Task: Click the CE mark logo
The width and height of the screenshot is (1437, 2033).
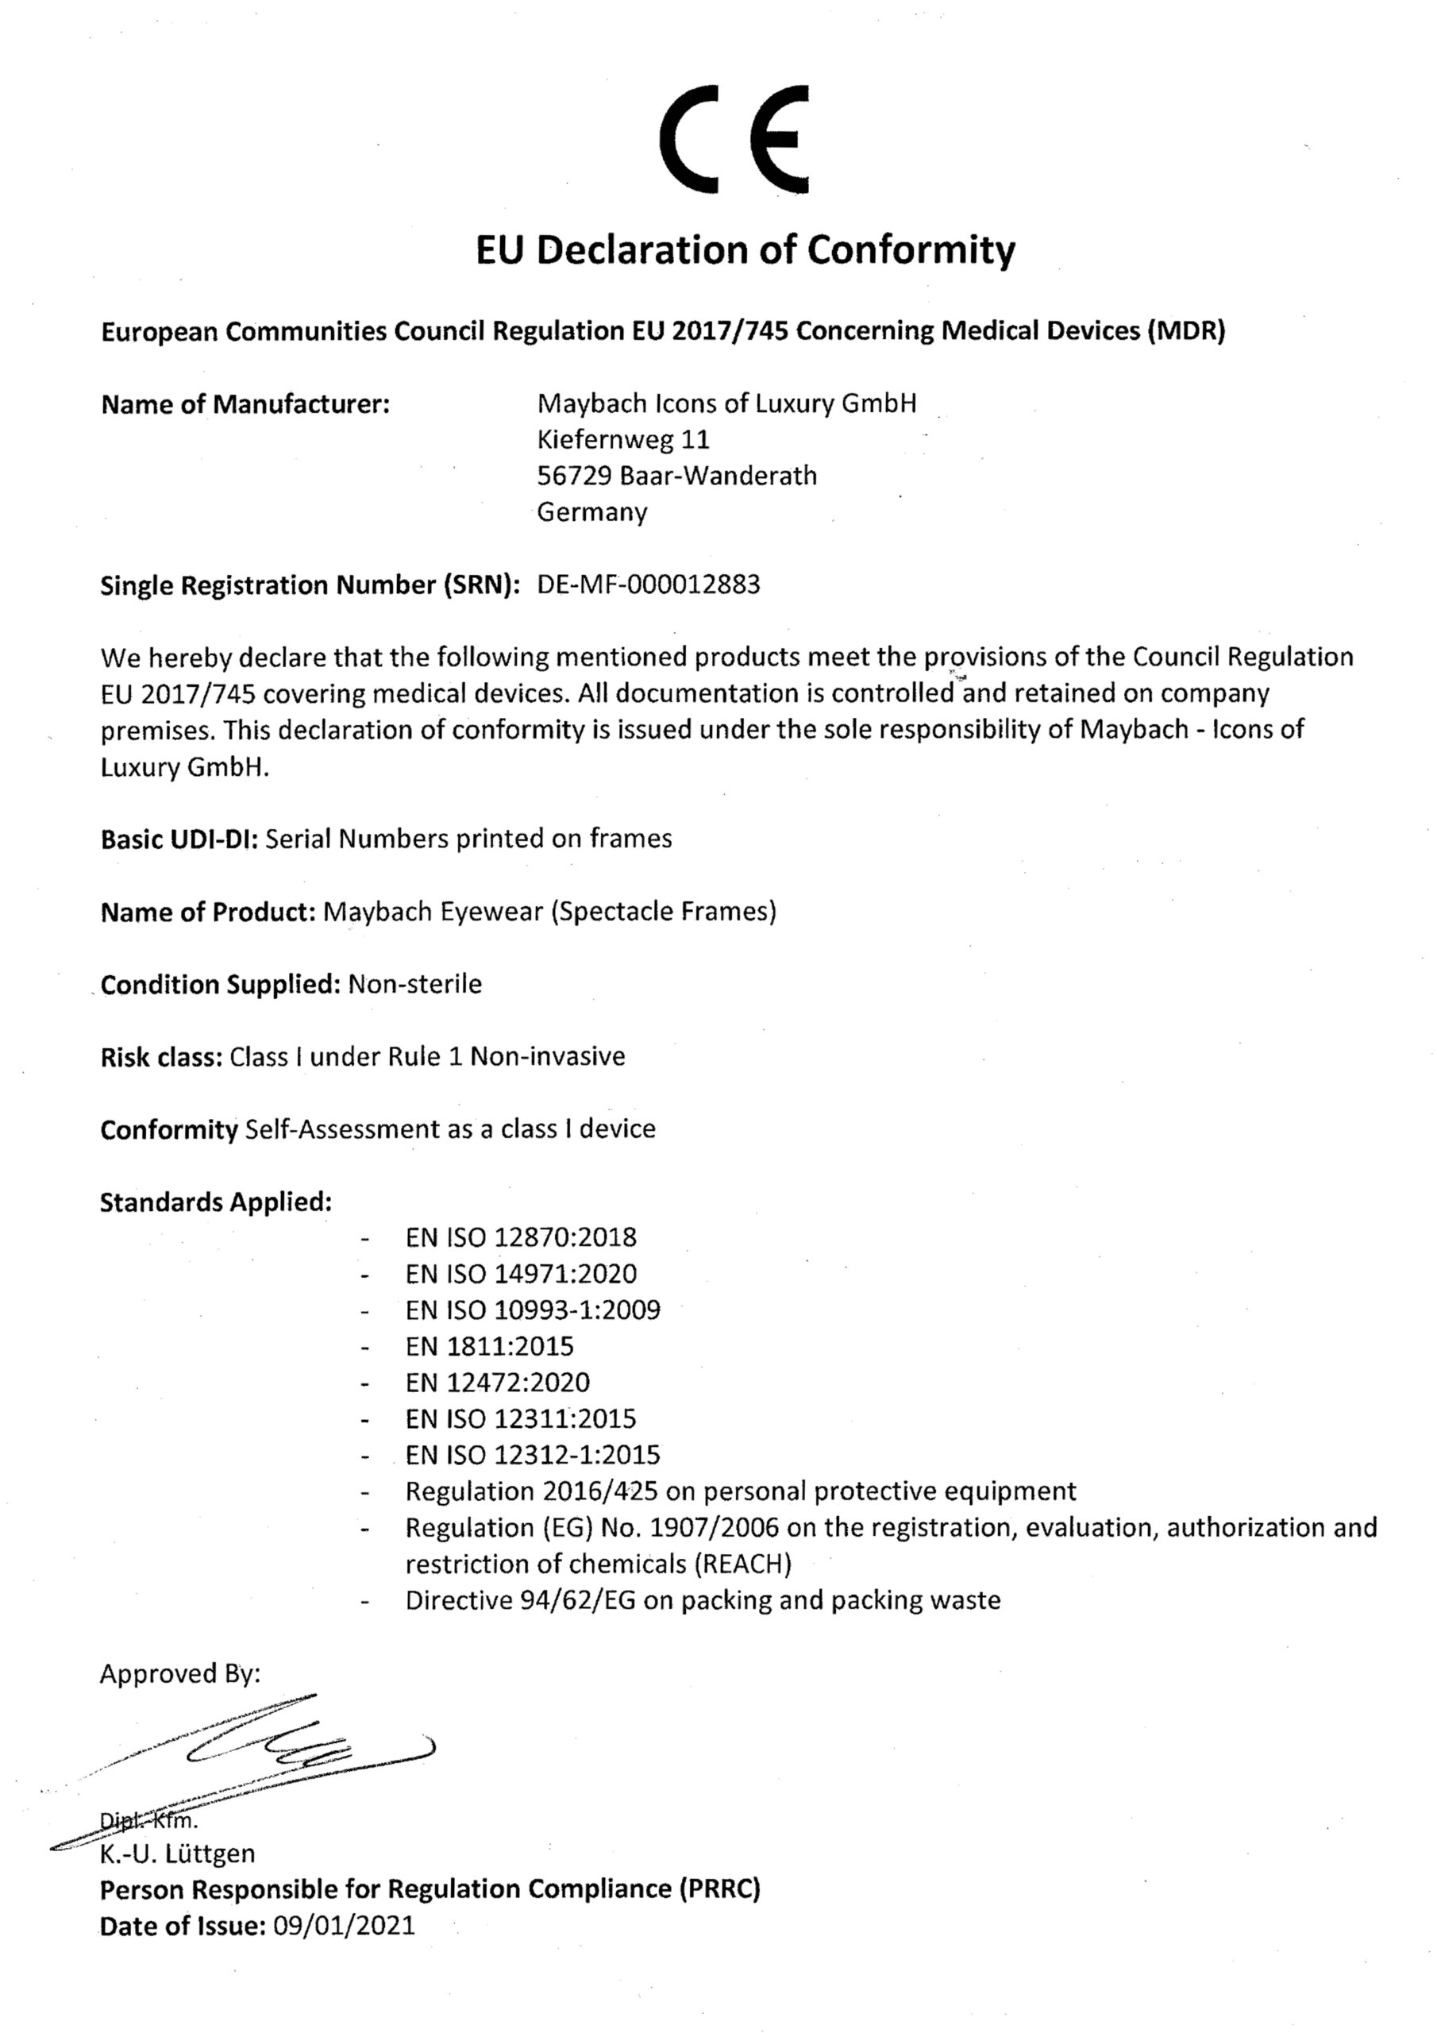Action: click(x=734, y=139)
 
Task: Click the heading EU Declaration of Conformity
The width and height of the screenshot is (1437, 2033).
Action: click(x=745, y=251)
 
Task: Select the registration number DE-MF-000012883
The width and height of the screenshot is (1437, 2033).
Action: click(x=648, y=584)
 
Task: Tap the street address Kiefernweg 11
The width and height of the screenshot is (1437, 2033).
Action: click(x=623, y=439)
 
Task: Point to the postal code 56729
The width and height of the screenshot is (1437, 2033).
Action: click(x=575, y=476)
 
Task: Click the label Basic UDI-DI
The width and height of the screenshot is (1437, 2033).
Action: click(x=179, y=839)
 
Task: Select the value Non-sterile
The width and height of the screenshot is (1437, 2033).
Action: click(x=415, y=984)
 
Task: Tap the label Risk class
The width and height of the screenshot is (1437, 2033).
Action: click(x=160, y=1056)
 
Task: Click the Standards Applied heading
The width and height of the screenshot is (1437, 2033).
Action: click(x=216, y=1202)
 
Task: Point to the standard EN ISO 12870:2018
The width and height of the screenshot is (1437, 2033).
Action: click(x=521, y=1237)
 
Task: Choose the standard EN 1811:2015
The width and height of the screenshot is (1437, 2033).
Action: click(x=490, y=1346)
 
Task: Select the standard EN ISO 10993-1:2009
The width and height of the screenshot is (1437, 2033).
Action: click(x=533, y=1310)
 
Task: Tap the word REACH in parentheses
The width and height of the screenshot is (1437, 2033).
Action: click(x=742, y=1564)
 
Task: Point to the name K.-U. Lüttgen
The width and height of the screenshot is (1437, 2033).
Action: click(x=177, y=1854)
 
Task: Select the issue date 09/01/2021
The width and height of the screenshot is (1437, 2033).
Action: click(x=345, y=1926)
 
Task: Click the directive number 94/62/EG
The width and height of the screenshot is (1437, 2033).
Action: click(x=577, y=1600)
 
